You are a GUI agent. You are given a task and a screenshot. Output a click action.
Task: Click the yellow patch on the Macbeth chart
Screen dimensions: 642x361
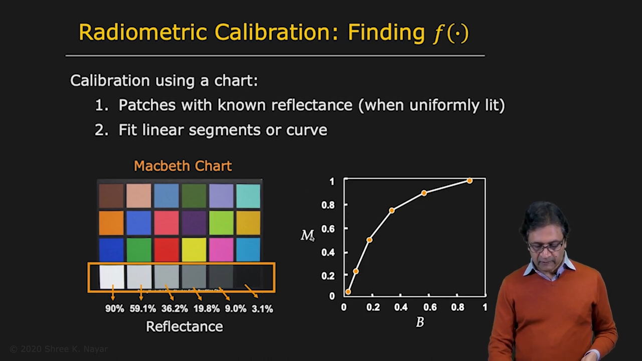(x=194, y=249)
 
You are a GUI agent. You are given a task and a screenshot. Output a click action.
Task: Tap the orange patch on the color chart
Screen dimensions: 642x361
(x=111, y=223)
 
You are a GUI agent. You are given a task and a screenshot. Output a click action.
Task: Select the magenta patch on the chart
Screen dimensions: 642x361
(x=221, y=249)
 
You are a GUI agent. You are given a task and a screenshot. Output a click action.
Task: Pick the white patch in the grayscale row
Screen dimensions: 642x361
(x=112, y=276)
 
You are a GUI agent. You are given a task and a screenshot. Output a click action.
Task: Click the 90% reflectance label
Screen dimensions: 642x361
(x=115, y=308)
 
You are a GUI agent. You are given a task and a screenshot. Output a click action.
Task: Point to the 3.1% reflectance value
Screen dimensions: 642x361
(x=262, y=309)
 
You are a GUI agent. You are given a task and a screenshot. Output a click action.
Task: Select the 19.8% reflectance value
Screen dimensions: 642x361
(x=206, y=309)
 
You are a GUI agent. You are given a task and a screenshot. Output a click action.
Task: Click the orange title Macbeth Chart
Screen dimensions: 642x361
(x=183, y=166)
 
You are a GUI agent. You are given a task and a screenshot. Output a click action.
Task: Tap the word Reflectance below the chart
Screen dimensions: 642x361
(x=185, y=326)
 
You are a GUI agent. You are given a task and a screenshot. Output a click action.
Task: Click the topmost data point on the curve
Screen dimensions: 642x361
(x=469, y=180)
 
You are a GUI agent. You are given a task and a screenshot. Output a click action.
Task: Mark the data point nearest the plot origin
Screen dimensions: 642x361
(x=348, y=292)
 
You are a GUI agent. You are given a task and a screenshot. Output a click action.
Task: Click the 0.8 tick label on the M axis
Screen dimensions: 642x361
(x=328, y=205)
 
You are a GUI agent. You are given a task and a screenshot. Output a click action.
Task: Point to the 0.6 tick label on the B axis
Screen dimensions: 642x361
(x=430, y=307)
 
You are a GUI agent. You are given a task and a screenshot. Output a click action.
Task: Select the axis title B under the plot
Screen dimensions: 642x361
(x=420, y=322)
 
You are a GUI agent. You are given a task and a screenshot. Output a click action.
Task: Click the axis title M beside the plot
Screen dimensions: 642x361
(x=307, y=236)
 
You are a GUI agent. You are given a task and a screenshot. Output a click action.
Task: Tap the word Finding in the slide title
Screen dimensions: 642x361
(x=386, y=33)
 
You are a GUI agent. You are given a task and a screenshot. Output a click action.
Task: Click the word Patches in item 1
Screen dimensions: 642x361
(x=147, y=105)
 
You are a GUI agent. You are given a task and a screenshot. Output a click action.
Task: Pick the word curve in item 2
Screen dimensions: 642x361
(x=306, y=130)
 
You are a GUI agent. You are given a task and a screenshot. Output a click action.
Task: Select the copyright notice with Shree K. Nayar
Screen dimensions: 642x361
(x=59, y=349)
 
